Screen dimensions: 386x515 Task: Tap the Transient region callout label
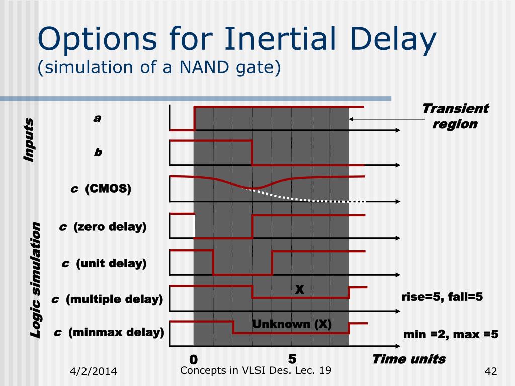coord(455,116)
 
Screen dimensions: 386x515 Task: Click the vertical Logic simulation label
coord(35,279)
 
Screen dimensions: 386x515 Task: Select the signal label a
coord(97,118)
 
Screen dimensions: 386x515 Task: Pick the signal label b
coord(98,152)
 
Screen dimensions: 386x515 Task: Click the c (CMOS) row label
coord(101,189)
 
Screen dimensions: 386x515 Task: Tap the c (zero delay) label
coord(103,227)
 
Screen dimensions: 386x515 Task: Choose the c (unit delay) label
coord(104,263)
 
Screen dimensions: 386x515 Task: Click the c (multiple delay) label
coord(107,299)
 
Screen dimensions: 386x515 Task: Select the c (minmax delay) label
coord(109,332)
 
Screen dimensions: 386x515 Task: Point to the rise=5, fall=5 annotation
coord(442,297)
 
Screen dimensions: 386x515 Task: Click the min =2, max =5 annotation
coord(451,334)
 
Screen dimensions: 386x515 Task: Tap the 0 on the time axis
coord(193,360)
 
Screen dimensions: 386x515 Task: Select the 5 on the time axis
coord(292,359)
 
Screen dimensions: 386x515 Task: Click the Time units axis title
coord(408,359)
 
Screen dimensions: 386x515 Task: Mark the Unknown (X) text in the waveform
coord(292,324)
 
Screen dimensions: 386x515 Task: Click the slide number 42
coord(490,372)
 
